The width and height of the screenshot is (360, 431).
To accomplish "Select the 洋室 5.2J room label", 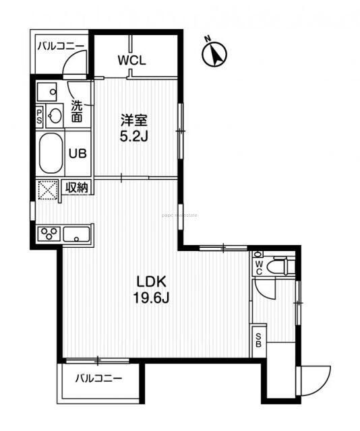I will click(133, 127).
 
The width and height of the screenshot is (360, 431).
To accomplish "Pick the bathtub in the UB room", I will click(51, 154).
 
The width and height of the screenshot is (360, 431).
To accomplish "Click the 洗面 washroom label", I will click(78, 111).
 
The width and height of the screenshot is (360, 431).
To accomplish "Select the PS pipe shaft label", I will click(40, 117).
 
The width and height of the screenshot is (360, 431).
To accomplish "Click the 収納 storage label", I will click(77, 188).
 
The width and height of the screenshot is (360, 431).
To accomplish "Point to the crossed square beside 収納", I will click(49, 191).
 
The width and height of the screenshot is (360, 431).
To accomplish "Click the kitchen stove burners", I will click(50, 234).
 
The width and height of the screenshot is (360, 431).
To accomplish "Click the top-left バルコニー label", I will click(61, 46).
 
